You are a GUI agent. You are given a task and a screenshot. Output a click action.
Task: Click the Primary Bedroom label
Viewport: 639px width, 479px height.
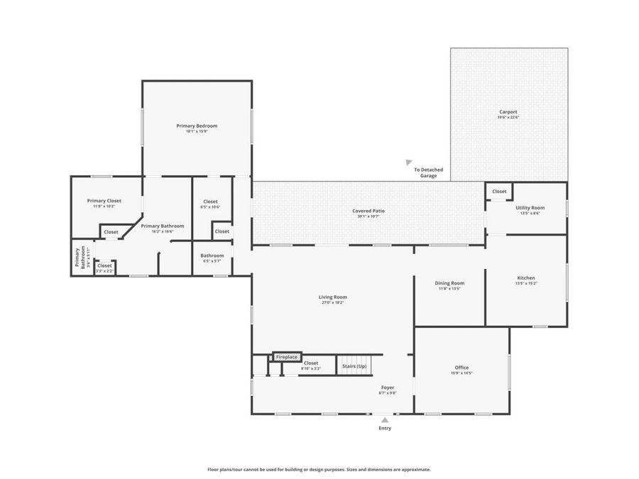tap(197, 126)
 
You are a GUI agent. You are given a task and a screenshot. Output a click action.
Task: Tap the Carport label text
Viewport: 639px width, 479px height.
tap(508, 111)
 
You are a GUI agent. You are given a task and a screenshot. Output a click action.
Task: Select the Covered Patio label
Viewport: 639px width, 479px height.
tap(368, 211)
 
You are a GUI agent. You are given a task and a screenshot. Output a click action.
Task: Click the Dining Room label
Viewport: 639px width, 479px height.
tap(449, 283)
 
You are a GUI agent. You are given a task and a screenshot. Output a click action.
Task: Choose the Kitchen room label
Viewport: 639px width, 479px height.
tap(526, 278)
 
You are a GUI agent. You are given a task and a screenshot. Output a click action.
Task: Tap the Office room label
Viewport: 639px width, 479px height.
tap(461, 368)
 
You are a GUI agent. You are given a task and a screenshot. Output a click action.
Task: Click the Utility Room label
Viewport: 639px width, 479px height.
tap(530, 208)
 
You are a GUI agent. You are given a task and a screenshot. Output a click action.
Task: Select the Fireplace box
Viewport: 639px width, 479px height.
tap(287, 356)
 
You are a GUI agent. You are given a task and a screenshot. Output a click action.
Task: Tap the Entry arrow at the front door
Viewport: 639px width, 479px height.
tap(384, 420)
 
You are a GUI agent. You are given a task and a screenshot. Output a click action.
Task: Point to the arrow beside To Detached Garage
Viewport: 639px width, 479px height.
tap(409, 163)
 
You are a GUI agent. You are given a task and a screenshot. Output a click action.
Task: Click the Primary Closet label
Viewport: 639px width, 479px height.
tap(104, 201)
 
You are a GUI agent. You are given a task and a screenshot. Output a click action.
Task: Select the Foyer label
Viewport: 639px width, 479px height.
tap(387, 387)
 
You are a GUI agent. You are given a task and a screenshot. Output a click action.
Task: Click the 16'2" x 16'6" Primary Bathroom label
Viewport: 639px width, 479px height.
tap(163, 226)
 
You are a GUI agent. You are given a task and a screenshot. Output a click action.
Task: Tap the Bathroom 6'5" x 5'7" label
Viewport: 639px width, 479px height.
tap(212, 255)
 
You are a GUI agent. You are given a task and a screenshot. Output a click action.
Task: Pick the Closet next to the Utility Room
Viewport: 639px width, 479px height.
tap(499, 191)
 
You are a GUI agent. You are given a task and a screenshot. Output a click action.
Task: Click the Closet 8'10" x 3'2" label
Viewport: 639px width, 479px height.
tap(311, 363)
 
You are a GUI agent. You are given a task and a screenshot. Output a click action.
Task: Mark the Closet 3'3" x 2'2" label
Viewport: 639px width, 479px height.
tap(104, 265)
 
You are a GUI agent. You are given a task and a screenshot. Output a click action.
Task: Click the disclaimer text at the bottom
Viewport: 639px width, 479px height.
tap(319, 469)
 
